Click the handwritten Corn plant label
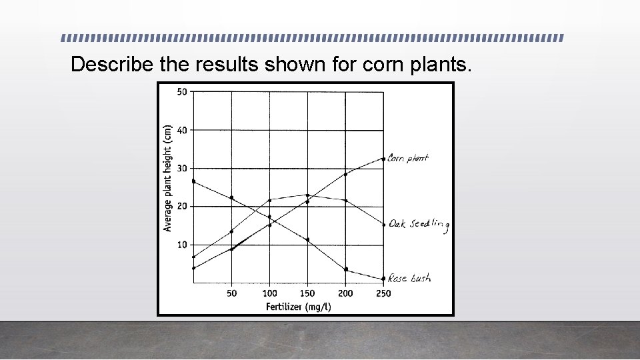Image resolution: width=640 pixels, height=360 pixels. (408, 159)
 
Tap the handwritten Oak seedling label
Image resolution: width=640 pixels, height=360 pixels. (419, 225)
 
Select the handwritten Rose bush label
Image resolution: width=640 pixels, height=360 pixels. (409, 277)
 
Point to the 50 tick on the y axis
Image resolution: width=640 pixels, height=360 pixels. (181, 91)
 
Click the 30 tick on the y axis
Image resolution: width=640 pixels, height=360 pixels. (181, 168)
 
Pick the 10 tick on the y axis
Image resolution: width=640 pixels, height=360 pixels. (181, 245)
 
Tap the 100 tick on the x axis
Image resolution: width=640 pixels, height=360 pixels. (269, 293)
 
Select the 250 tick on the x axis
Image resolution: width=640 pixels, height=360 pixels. (383, 293)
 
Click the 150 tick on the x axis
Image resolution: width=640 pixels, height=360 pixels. (307, 293)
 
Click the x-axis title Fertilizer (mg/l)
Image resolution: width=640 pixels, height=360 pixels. (298, 307)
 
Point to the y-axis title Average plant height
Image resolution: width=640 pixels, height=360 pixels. (167, 178)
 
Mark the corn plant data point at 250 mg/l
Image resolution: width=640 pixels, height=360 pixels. (383, 159)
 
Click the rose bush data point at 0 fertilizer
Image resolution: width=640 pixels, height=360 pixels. (193, 181)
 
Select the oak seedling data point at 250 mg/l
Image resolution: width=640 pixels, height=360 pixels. (383, 225)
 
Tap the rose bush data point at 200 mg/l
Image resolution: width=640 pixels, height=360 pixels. (346, 269)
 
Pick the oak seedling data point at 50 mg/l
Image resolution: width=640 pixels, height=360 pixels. (231, 231)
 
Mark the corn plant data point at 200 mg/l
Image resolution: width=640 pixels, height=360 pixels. (345, 174)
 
